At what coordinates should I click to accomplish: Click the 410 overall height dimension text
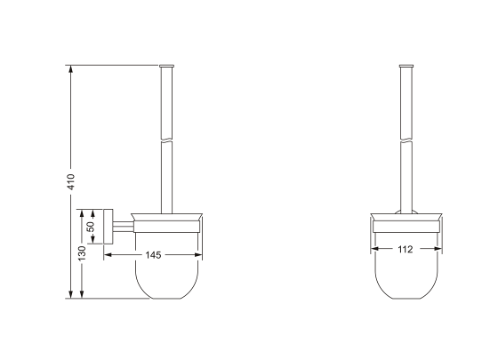point(69,180)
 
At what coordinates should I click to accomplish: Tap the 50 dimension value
point(90,227)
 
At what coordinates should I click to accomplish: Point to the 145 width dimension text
point(153,254)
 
